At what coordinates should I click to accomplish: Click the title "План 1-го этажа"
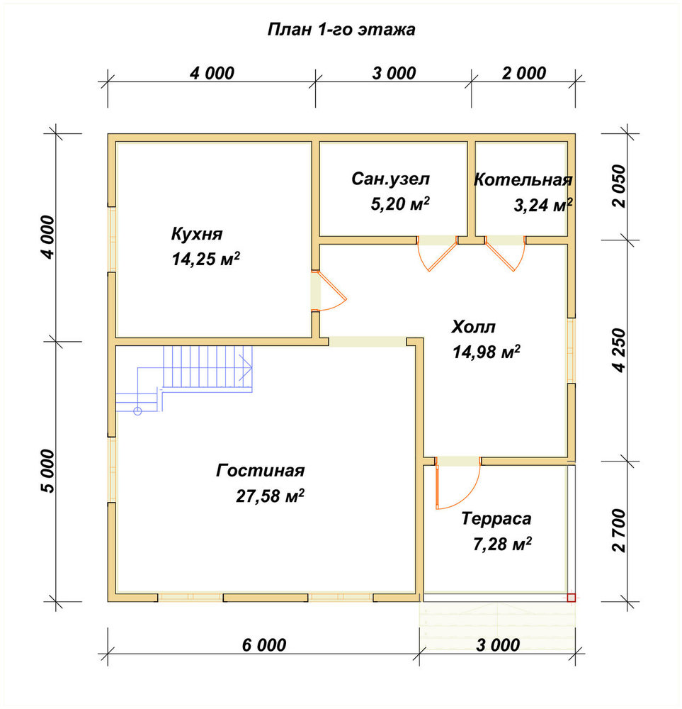[x=341, y=29]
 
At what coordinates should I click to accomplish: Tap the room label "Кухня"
[x=197, y=234]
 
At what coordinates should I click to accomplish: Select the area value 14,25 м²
[x=205, y=259]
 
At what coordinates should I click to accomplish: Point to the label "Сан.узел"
[x=391, y=179]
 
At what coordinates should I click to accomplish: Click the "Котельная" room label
[x=523, y=180]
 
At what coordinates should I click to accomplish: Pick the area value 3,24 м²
[x=543, y=206]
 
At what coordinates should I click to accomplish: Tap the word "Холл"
[x=473, y=326]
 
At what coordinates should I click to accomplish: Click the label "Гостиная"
[x=260, y=471]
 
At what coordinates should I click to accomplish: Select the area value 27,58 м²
[x=270, y=496]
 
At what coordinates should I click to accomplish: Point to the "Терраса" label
[x=496, y=519]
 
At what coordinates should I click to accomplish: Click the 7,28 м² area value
[x=502, y=544]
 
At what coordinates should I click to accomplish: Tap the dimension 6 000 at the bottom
[x=263, y=645]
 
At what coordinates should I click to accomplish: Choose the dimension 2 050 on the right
[x=620, y=186]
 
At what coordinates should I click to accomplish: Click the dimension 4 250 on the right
[x=620, y=350]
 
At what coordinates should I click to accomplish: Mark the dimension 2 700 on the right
[x=620, y=530]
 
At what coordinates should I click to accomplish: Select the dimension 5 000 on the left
[x=47, y=471]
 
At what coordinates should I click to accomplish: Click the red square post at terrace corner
[x=572, y=597]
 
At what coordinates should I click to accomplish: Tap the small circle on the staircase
[x=138, y=411]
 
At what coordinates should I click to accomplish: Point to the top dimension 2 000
[x=524, y=73]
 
